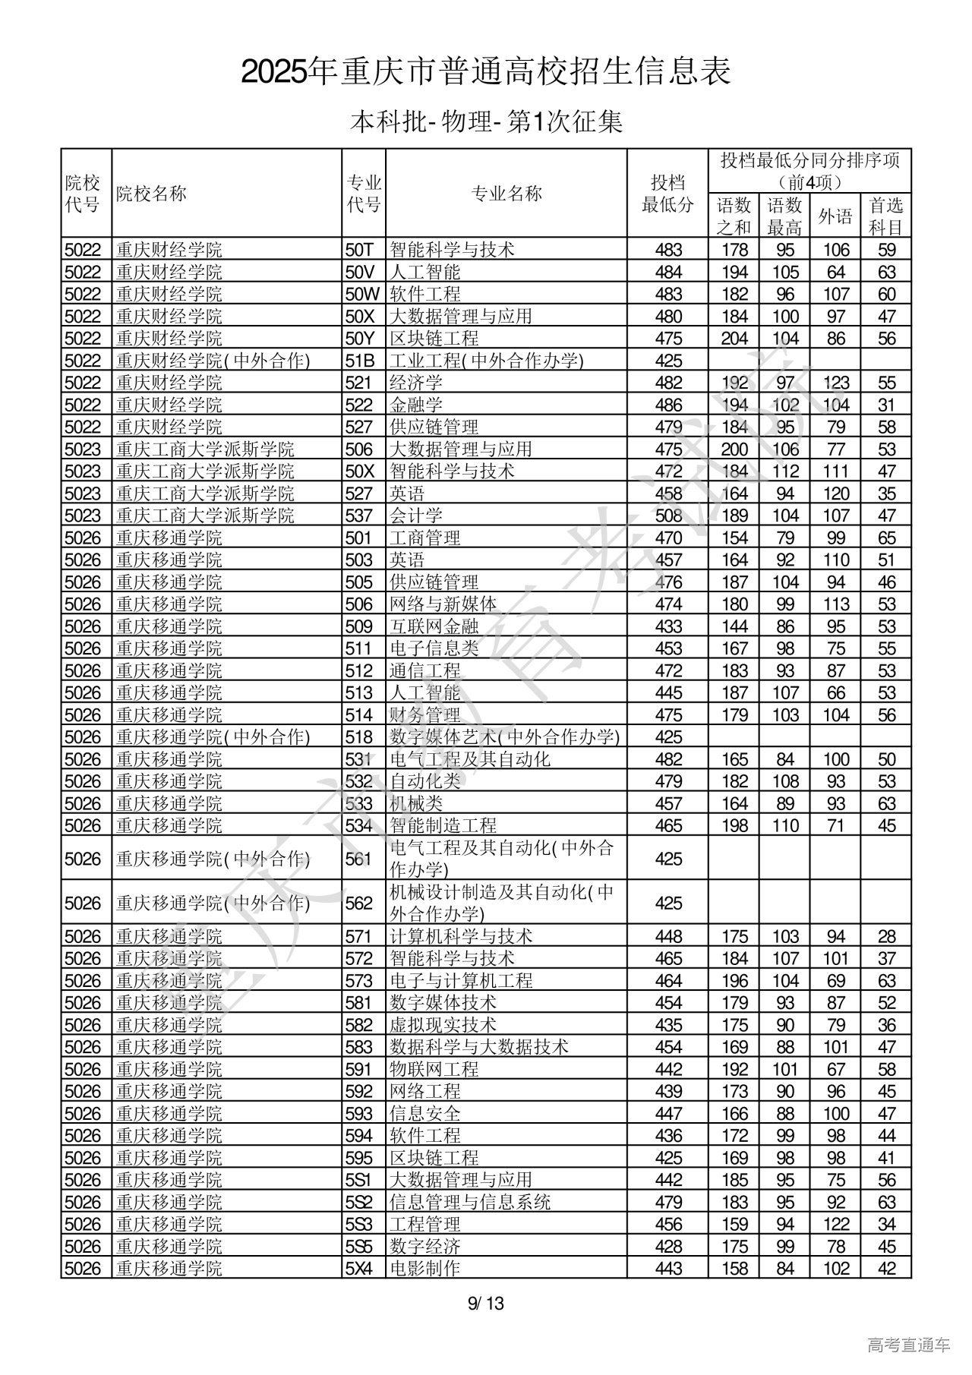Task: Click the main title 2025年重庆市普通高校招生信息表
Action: [x=486, y=72]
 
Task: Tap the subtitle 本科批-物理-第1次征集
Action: [x=486, y=121]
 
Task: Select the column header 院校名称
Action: [x=151, y=194]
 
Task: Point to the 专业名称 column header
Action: [x=507, y=194]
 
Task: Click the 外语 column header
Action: [x=835, y=216]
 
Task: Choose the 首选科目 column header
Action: [x=885, y=216]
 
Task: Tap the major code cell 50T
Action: [x=361, y=250]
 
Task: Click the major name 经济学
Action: [x=415, y=383]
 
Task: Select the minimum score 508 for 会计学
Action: [x=668, y=516]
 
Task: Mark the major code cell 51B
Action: [x=360, y=361]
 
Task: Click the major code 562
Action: [x=359, y=904]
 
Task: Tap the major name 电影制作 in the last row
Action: [x=424, y=1268]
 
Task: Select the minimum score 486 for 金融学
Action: [x=668, y=405]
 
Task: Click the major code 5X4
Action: [x=360, y=1268]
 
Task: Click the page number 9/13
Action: [x=486, y=1304]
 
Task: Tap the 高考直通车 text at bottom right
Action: [x=908, y=1345]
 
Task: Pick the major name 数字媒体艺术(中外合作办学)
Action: [x=504, y=737]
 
